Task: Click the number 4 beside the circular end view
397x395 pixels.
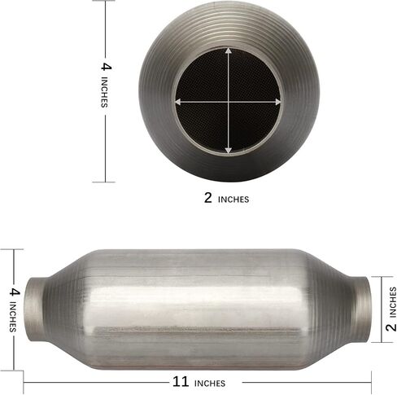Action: coord(106,67)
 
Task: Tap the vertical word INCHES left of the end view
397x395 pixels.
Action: coord(104,92)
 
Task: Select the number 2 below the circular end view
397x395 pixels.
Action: coord(208,198)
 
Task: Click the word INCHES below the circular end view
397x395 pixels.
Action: coord(233,200)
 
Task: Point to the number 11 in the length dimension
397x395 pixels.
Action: coord(181,382)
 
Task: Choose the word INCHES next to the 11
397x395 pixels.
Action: coord(210,384)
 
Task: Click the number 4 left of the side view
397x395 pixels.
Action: coord(15,292)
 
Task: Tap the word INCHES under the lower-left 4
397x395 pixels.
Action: coord(13,317)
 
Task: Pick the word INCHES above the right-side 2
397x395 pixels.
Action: coord(393,302)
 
